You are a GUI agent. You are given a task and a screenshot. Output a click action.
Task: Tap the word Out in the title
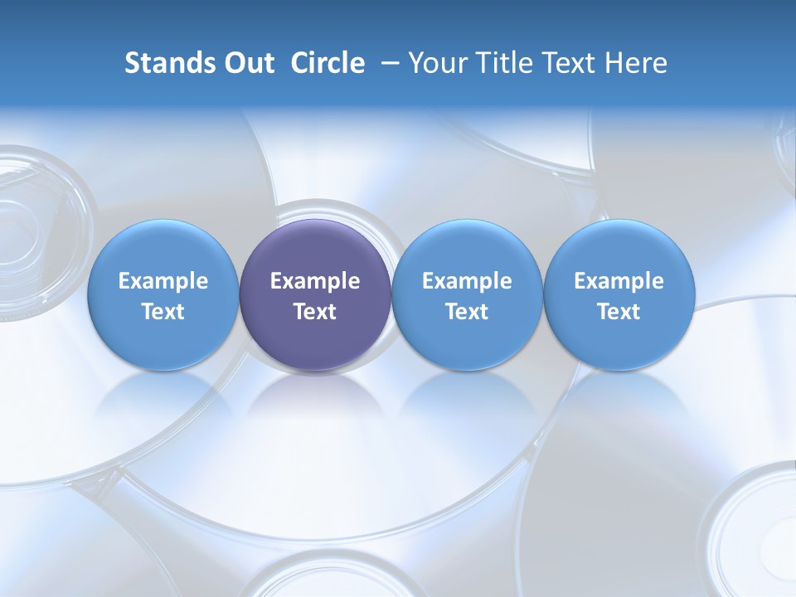(x=246, y=63)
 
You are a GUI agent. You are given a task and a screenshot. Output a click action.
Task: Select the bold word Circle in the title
(x=328, y=63)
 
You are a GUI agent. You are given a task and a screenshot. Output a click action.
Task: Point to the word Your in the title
(x=435, y=63)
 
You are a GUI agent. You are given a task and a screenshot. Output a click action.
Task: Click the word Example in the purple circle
(x=315, y=281)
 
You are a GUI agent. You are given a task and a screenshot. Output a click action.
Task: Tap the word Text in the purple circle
(x=315, y=312)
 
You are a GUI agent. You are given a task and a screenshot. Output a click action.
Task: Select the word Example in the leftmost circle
(x=163, y=281)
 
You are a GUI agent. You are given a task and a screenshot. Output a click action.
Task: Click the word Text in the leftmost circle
(x=163, y=312)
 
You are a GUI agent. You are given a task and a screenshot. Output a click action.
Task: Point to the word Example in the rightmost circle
(x=619, y=281)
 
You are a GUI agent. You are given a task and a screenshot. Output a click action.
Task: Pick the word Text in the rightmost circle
(x=619, y=312)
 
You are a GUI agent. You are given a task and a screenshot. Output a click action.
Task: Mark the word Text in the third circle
(x=467, y=312)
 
